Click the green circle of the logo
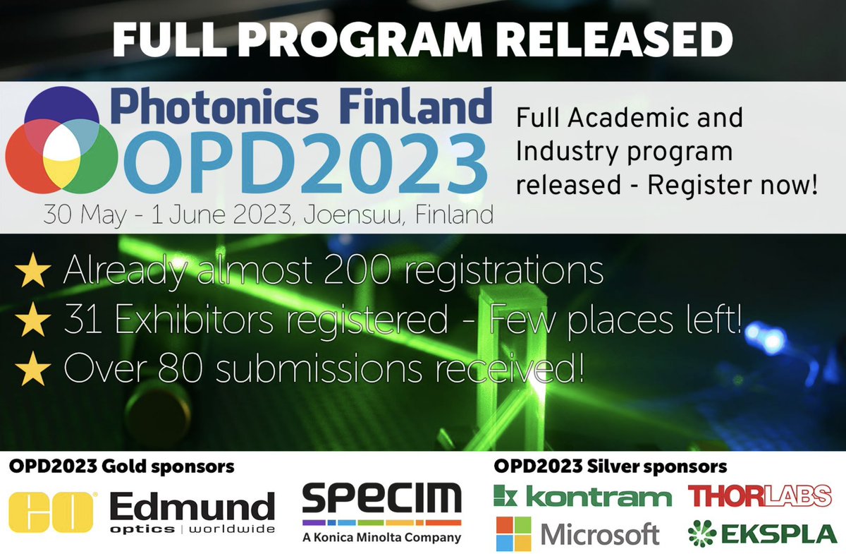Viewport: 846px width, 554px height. [x=88, y=159]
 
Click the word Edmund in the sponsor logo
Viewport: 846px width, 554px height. [x=192, y=506]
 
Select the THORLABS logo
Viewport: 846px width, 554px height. [x=760, y=496]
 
